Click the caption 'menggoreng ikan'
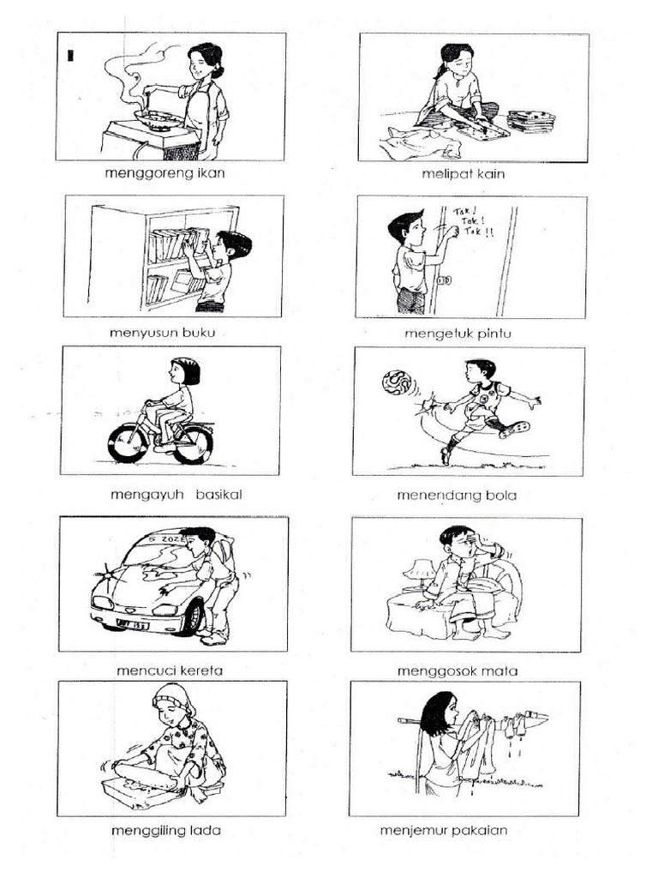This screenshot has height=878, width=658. coord(169,173)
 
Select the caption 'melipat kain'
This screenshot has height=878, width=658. coord(463,174)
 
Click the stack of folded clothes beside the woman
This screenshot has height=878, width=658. coord(530,120)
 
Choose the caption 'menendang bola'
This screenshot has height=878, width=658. coord(457,495)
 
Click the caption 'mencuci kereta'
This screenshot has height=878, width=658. coord(170,671)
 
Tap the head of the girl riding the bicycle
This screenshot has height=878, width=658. coord(183,371)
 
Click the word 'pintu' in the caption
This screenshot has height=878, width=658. coord(491,333)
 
